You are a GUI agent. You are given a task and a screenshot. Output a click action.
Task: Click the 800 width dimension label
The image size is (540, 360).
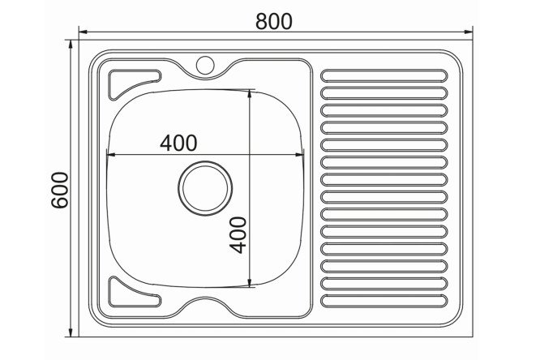pos(274,21)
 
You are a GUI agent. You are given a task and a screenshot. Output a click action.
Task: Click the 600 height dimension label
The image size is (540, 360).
pos(60,190)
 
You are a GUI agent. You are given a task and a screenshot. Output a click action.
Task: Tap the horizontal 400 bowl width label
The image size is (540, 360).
pos(178,143)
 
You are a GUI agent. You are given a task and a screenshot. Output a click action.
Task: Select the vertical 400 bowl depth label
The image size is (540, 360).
pos(238,235)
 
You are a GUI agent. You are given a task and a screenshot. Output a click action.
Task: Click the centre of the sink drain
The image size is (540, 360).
pos(205,188)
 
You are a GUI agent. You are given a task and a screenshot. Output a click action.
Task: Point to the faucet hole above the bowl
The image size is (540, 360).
pos(205,65)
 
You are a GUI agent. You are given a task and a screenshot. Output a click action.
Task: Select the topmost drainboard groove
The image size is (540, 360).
pos(384,75)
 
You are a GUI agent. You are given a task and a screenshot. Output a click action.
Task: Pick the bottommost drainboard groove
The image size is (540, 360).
pos(384,301)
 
